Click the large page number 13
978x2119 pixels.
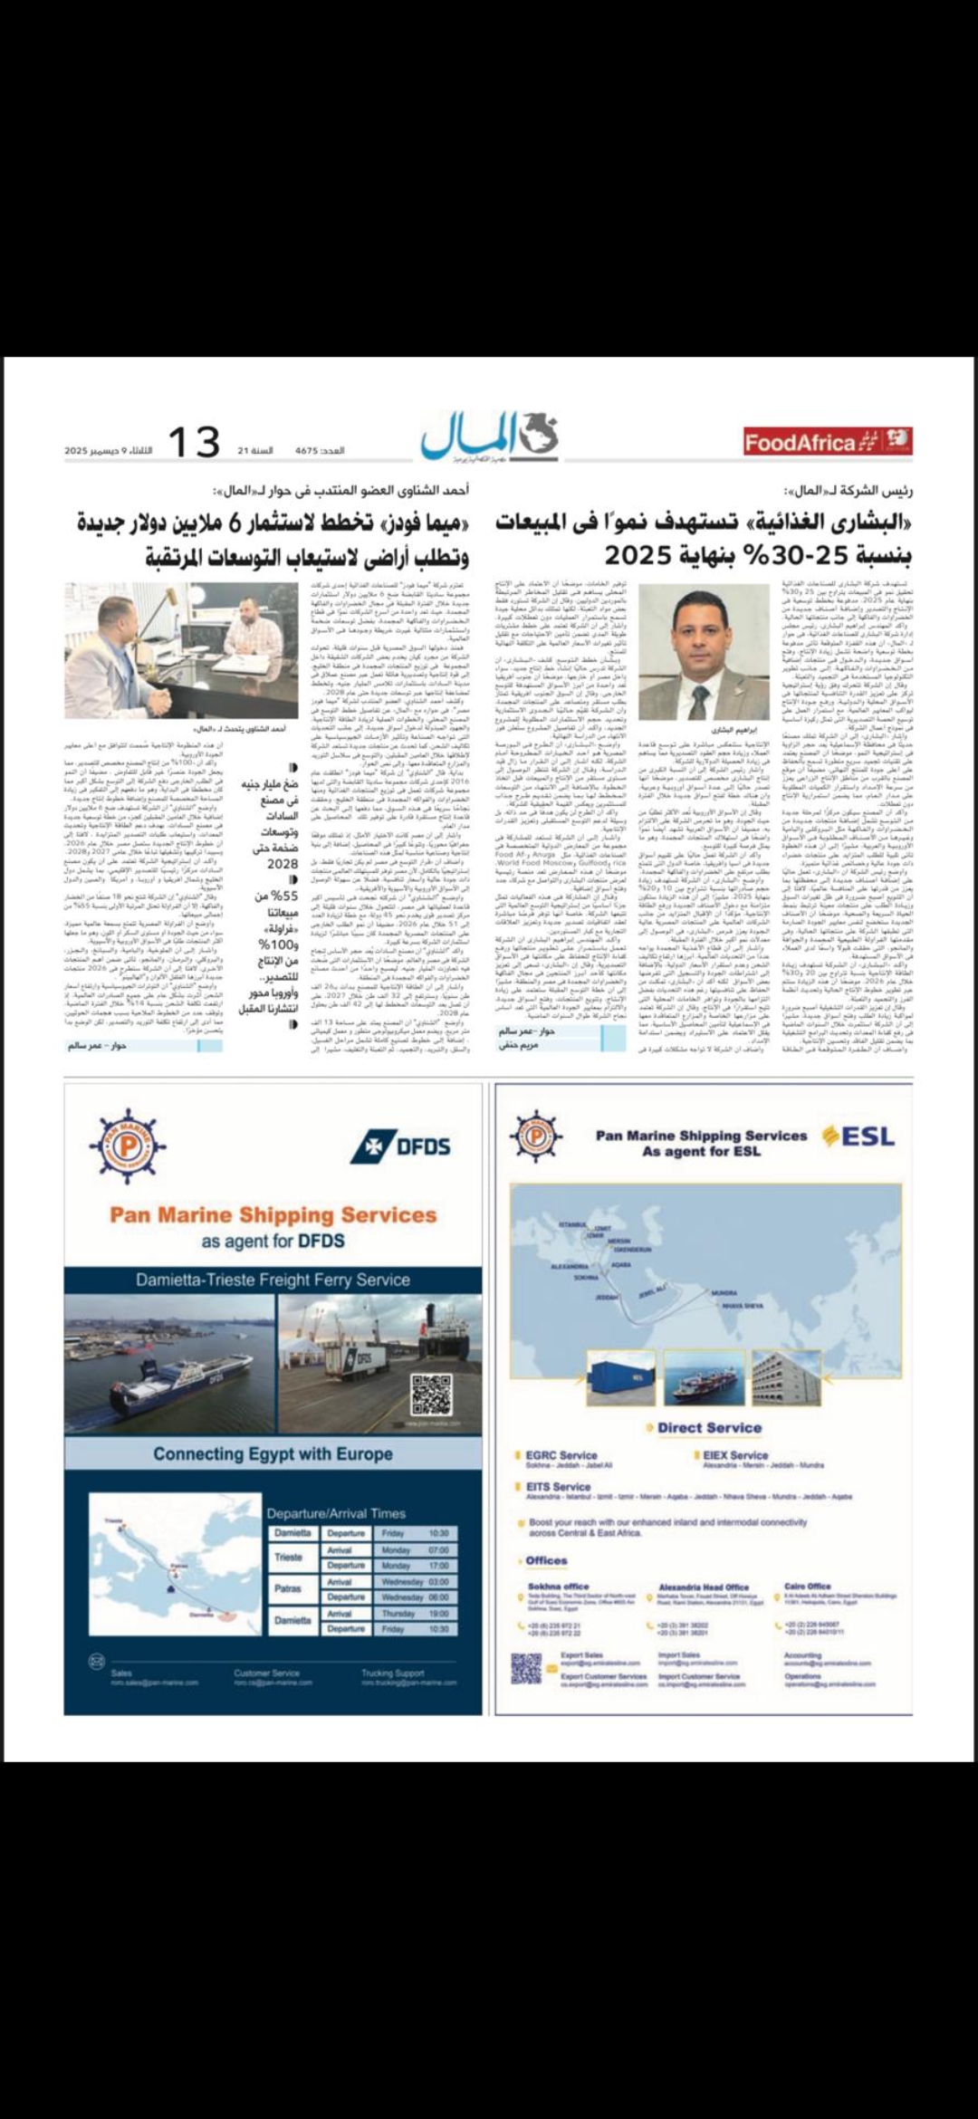tap(195, 442)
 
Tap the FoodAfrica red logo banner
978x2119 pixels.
tap(827, 442)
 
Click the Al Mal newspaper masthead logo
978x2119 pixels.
tap(489, 436)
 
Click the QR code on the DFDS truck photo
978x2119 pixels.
tap(430, 1395)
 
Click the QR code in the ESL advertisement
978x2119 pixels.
tap(526, 1668)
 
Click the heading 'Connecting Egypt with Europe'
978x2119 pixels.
tap(273, 1454)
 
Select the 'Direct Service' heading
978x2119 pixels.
tap(709, 1428)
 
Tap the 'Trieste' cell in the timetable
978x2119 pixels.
tap(289, 1558)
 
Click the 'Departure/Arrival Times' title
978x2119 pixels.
tap(335, 1513)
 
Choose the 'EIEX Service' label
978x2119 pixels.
tap(734, 1455)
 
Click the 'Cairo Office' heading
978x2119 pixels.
tap(807, 1587)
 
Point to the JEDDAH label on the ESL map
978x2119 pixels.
tap(607, 1298)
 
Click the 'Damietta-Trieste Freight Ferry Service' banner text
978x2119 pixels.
tap(273, 1280)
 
